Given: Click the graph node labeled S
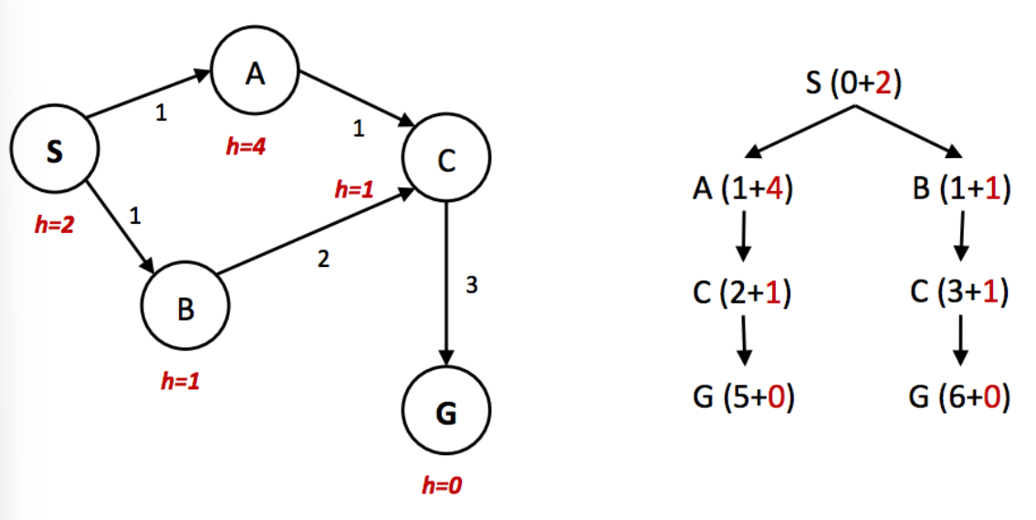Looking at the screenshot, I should (54, 153).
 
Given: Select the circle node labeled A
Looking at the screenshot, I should (255, 75).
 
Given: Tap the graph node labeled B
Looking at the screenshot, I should (185, 310).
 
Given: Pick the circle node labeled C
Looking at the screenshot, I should (446, 159).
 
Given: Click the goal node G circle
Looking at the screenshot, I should (446, 413).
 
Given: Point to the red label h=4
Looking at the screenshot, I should (246, 147).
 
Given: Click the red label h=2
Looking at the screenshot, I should (54, 225).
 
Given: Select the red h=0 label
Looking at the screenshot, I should (442, 486).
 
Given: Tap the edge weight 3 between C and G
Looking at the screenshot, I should (471, 286).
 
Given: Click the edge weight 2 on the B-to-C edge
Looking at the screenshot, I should (323, 260).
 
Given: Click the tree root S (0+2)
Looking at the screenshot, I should (853, 84).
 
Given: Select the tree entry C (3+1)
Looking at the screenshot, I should (959, 293).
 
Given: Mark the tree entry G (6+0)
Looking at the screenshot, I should (959, 398).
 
